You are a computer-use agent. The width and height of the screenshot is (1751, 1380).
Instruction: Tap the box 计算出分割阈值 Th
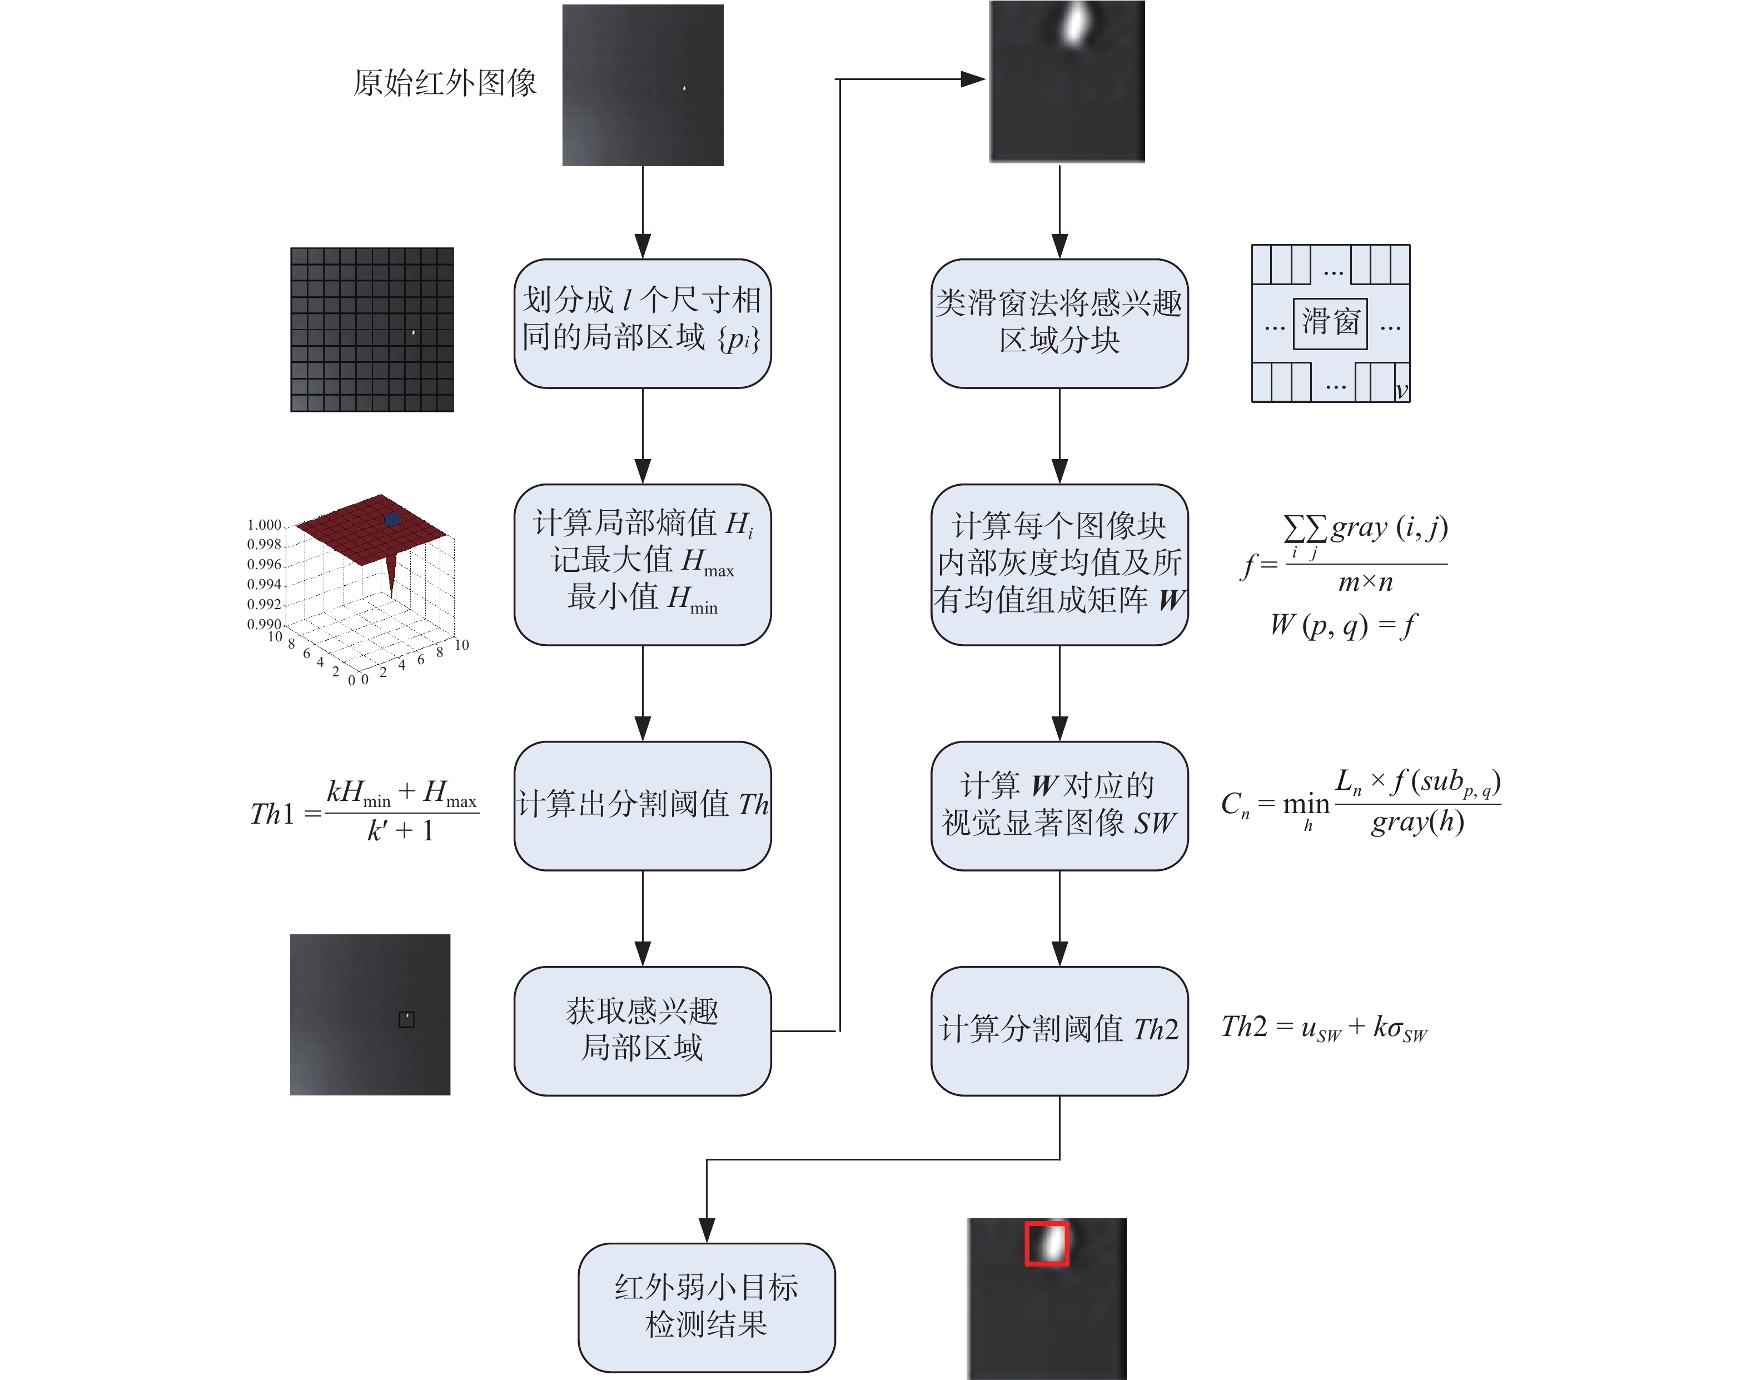643,805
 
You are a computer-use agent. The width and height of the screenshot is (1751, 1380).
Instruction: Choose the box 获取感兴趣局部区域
643,1030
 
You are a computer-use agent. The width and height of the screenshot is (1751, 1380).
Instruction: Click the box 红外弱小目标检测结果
706,1307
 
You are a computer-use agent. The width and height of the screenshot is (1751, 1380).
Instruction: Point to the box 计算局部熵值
643,564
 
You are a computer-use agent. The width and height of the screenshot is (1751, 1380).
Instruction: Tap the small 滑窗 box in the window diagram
1330,323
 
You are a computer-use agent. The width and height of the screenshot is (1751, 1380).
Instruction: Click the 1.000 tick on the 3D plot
264,525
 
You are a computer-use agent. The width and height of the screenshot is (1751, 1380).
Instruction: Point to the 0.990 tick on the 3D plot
264,624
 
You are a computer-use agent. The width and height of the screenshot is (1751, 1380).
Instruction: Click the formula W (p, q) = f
1343,625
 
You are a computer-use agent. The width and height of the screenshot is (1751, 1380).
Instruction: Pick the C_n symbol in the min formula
1235,805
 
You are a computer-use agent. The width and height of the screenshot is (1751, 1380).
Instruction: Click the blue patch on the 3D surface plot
392,519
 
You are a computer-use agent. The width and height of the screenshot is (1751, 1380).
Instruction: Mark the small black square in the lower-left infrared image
406,1020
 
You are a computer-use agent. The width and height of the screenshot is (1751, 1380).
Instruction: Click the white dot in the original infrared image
684,88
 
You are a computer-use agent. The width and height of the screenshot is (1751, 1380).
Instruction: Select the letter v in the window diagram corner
1401,391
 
